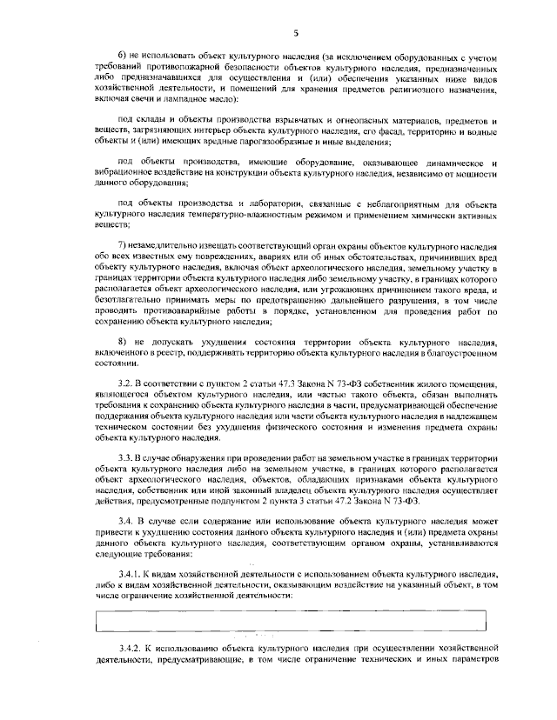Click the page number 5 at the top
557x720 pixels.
tap(296, 32)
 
